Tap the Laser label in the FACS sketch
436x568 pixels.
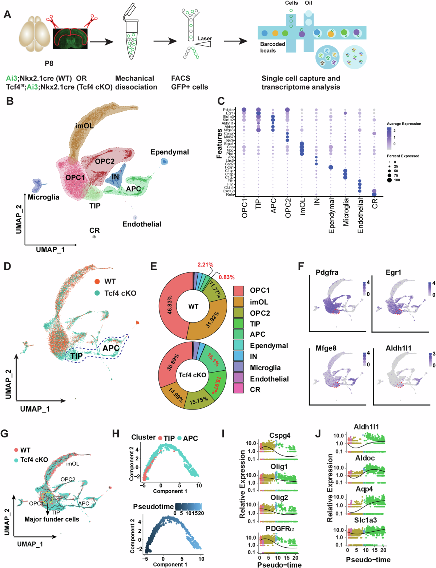[x=205, y=38]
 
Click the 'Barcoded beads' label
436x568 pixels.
[x=272, y=47]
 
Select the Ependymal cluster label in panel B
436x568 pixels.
[x=170, y=152]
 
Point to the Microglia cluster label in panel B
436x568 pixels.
[x=44, y=197]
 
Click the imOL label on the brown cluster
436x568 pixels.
[x=84, y=126]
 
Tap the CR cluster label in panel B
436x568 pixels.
[x=94, y=230]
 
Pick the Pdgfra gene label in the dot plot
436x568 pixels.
[x=229, y=110]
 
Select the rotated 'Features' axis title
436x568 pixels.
[x=219, y=143]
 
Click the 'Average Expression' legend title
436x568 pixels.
[x=404, y=124]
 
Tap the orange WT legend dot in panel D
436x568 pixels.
[x=97, y=281]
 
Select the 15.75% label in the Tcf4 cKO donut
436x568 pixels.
[x=198, y=399]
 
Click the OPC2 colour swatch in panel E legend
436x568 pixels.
[x=238, y=313]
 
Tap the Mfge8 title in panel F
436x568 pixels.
[x=326, y=348]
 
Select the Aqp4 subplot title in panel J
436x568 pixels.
[x=364, y=489]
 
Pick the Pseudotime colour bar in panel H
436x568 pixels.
[x=188, y=506]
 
